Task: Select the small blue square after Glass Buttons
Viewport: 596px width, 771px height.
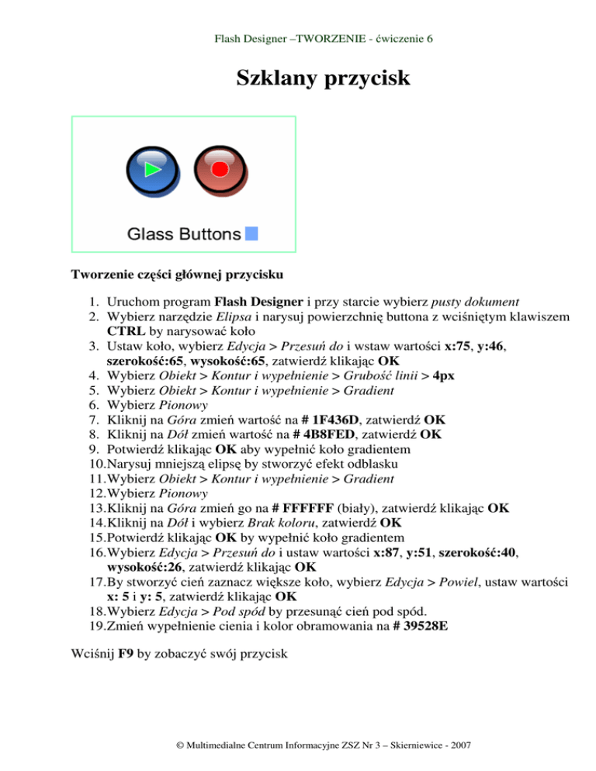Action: coord(251,233)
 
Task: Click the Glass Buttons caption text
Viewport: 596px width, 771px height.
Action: coord(183,233)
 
